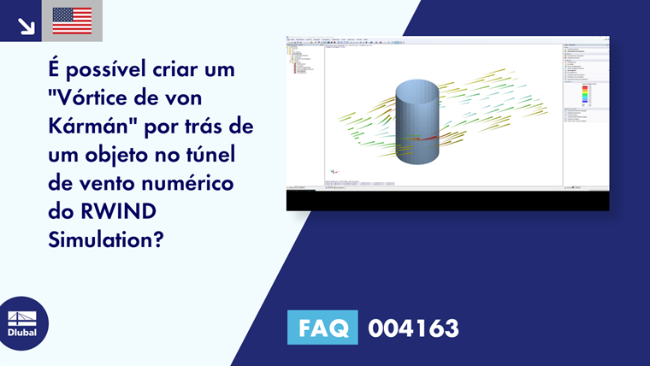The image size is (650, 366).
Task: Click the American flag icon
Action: (72, 21)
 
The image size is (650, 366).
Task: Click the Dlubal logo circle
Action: (22, 323)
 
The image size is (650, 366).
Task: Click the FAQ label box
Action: (322, 328)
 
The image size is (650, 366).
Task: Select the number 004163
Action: (413, 328)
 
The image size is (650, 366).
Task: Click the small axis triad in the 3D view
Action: (330, 171)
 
